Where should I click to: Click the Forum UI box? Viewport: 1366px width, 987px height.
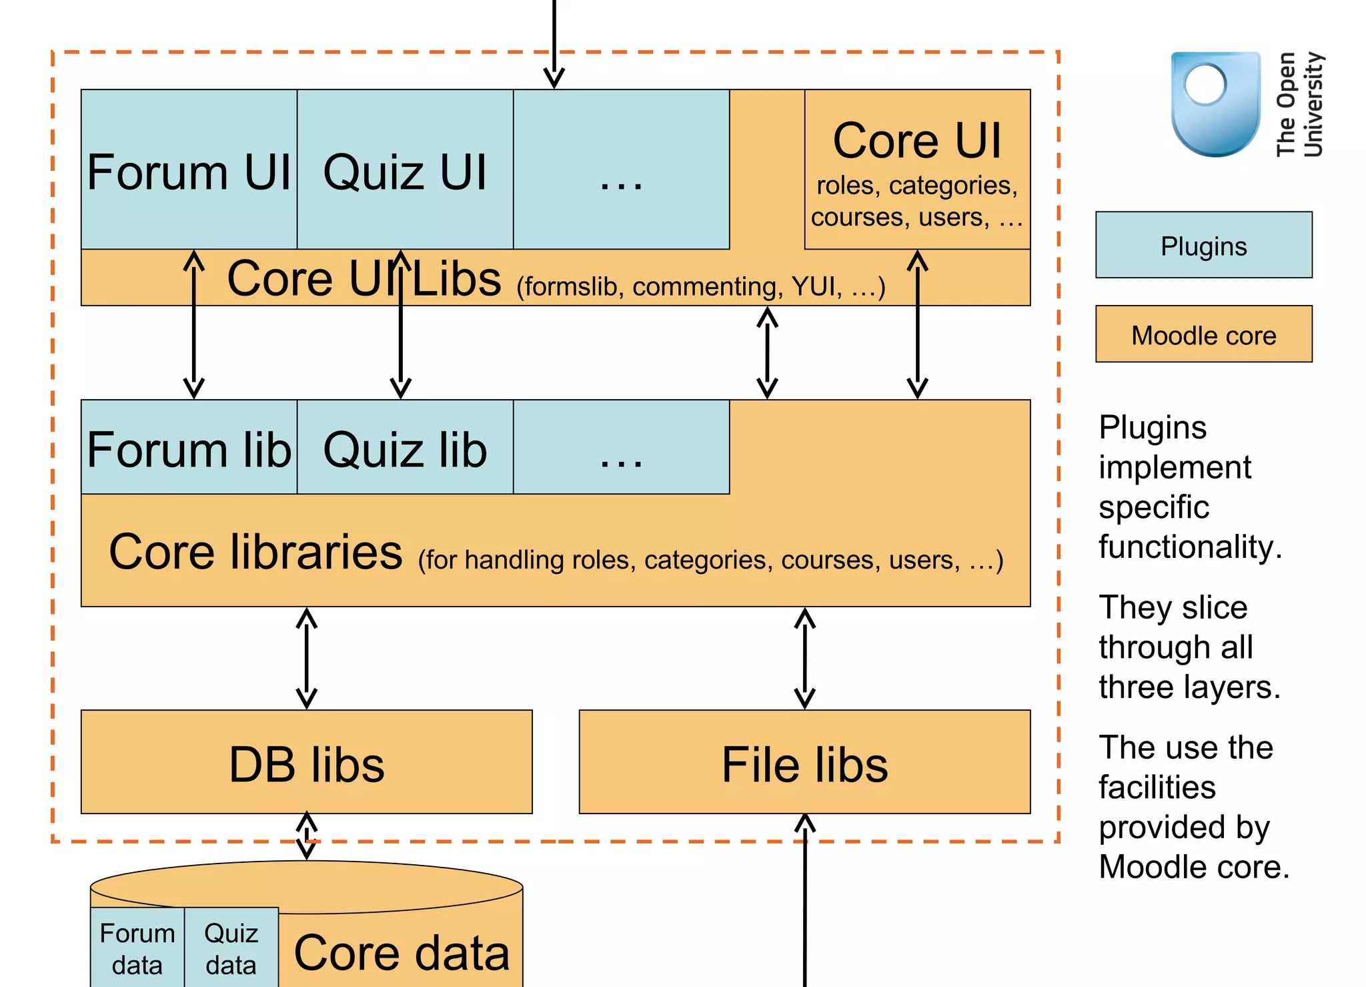[189, 170]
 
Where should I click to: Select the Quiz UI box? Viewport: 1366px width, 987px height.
[405, 170]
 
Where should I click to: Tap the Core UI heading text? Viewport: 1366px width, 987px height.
[917, 141]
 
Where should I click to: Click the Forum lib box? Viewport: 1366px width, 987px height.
[189, 448]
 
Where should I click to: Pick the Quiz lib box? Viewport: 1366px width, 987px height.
[405, 448]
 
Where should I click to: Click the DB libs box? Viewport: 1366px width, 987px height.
[306, 762]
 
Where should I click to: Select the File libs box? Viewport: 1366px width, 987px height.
[804, 762]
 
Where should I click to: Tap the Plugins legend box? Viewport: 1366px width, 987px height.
[1203, 245]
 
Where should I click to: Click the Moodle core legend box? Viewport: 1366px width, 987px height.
[1203, 334]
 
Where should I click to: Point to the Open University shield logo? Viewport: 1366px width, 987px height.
[1215, 103]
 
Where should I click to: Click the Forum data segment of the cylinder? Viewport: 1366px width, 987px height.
[137, 948]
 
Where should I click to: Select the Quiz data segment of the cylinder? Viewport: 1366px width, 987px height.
[231, 948]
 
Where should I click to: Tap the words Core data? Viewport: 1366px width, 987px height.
[402, 952]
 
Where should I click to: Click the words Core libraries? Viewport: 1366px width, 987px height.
[255, 552]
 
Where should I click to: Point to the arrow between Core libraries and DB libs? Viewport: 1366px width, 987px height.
[306, 658]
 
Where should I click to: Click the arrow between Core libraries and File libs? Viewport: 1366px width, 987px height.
[804, 658]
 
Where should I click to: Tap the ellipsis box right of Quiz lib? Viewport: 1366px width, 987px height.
[621, 448]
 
